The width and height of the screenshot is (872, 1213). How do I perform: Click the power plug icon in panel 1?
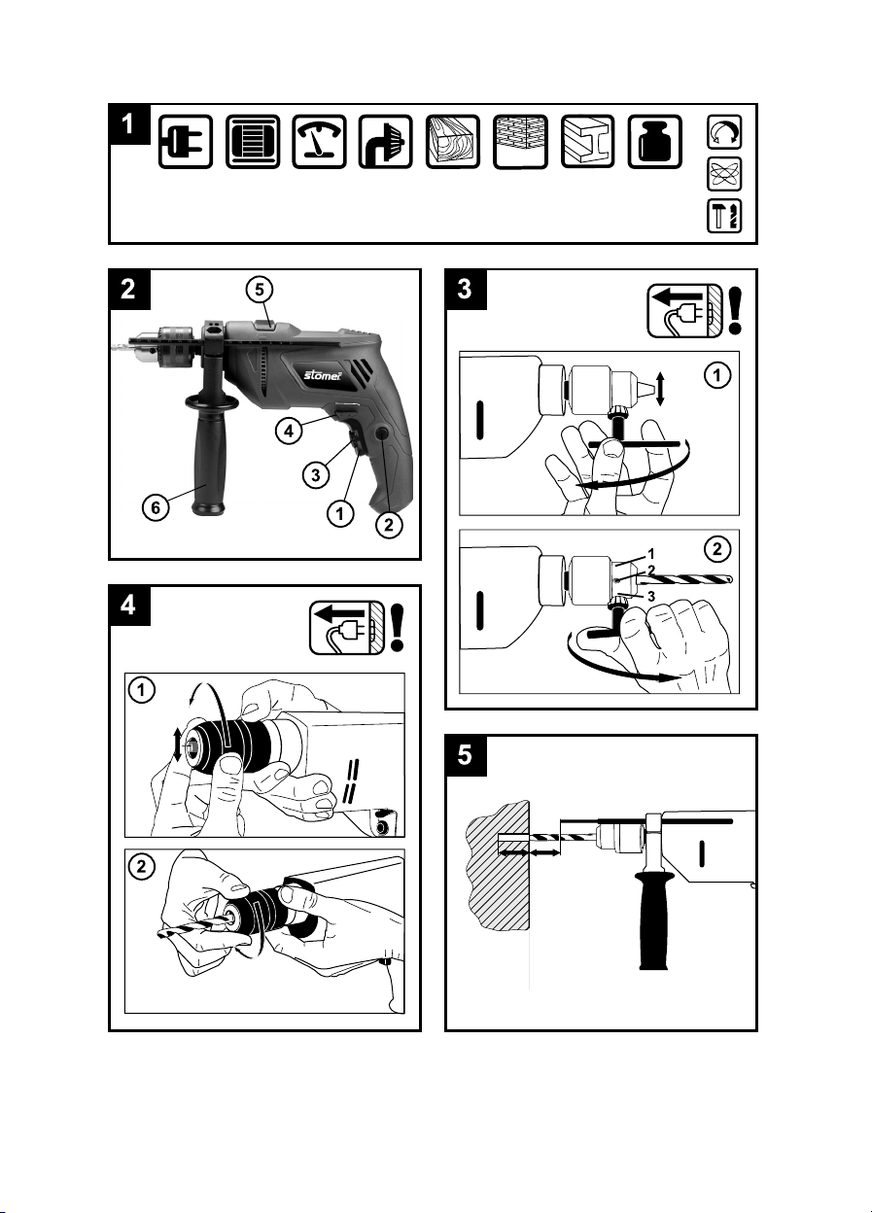[182, 143]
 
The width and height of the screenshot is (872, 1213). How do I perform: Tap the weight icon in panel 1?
[653, 143]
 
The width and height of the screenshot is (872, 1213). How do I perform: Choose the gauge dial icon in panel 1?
[316, 143]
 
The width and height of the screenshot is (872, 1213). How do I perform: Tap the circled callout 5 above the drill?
[259, 289]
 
